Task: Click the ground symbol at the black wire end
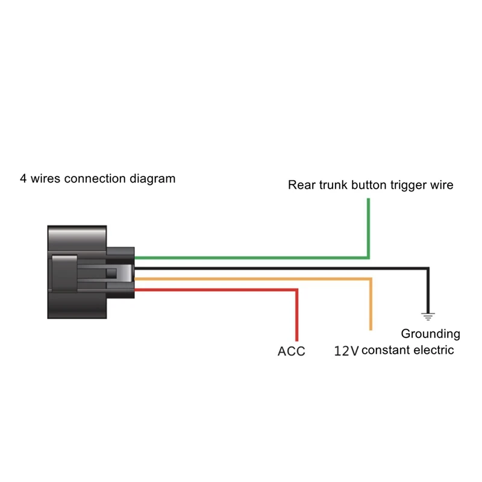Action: pos(428,314)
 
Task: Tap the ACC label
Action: pos(292,351)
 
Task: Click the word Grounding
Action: pos(430,334)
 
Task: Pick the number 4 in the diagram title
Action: pos(23,178)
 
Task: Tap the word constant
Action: pos(386,350)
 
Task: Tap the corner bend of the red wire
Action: pos(296,290)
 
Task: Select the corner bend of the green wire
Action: pos(368,257)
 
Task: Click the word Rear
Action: pos(299,185)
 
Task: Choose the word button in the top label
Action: pos(366,185)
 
